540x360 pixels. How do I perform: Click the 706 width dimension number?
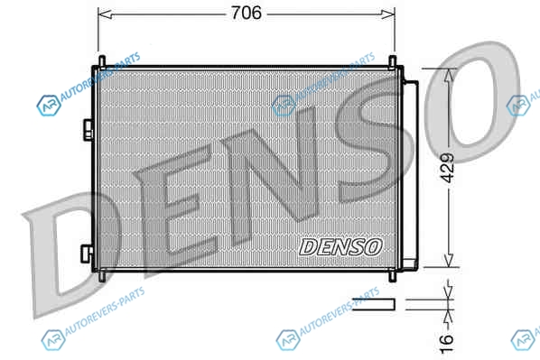click(246, 13)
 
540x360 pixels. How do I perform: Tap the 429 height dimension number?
click(448, 168)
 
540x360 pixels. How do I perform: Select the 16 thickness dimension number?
click(447, 343)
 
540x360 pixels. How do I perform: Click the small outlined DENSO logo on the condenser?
click(340, 247)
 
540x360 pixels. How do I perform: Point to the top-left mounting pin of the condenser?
click(102, 61)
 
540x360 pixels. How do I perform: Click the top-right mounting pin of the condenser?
click(392, 61)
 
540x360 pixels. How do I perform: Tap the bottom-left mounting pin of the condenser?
click(102, 276)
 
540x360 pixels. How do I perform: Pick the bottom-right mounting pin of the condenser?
click(392, 276)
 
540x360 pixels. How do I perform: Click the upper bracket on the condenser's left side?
click(88, 129)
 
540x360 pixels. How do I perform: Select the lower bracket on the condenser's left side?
click(87, 254)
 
